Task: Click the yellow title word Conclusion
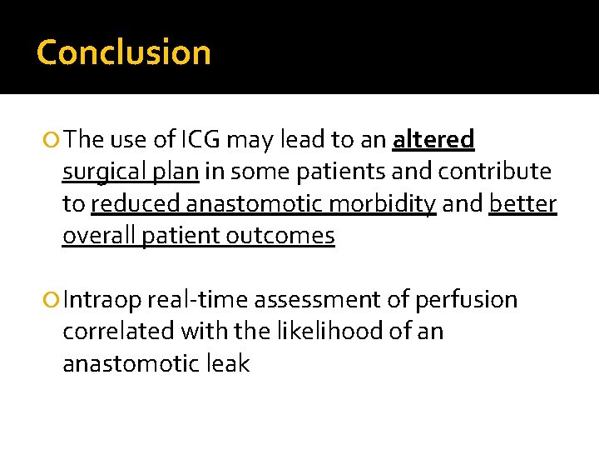[124, 52]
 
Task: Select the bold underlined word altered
[433, 139]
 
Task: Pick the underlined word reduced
[136, 204]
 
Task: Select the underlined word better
[522, 204]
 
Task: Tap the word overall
[99, 236]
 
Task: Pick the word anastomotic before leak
[129, 363]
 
